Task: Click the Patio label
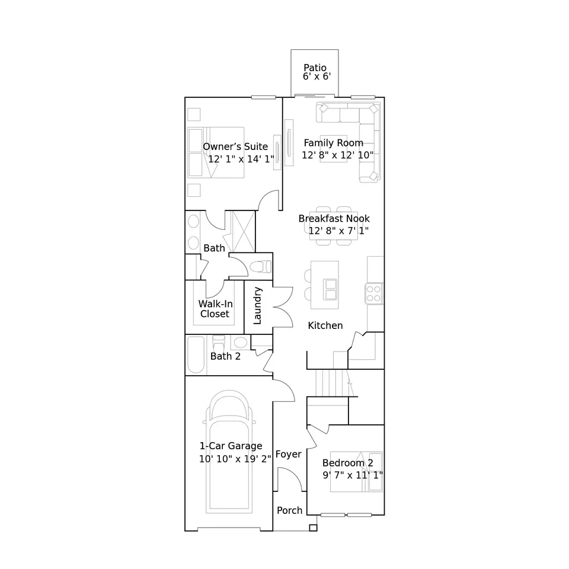click(315, 68)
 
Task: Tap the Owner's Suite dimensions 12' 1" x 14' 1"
click(241, 159)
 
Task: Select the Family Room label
click(334, 143)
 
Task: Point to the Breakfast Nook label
click(334, 219)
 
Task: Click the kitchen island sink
click(330, 289)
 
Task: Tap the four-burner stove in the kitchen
click(374, 293)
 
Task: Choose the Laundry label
click(257, 306)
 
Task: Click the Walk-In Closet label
click(215, 309)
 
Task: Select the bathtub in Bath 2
click(196, 354)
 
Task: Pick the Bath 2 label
click(225, 356)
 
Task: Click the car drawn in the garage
click(229, 452)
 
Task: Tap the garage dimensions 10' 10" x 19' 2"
click(235, 459)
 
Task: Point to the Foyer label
click(289, 455)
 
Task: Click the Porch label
click(290, 510)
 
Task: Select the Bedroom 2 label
click(348, 463)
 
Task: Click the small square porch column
click(313, 528)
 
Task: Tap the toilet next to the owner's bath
click(261, 267)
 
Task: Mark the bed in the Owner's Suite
click(216, 152)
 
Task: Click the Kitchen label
click(325, 325)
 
